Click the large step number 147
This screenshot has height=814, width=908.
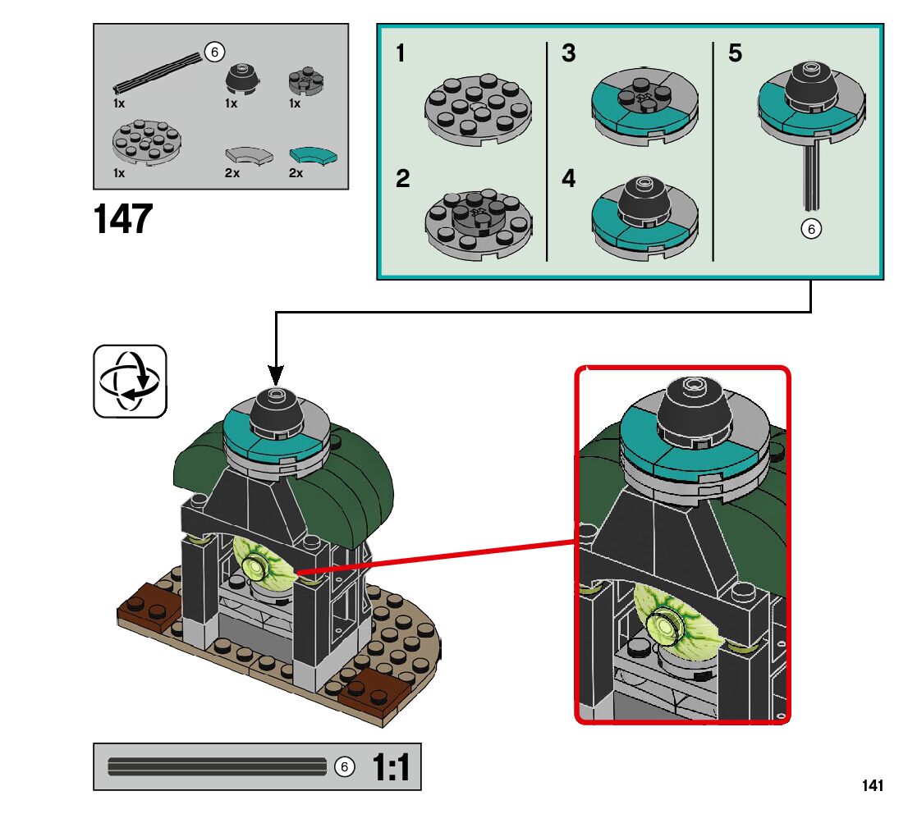[x=123, y=219]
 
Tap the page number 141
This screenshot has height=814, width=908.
[x=873, y=785]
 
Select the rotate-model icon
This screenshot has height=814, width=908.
[x=131, y=382]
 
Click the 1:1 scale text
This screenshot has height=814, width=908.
[x=391, y=767]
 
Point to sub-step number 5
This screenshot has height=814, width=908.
[x=735, y=53]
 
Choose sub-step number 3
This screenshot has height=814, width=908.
[x=569, y=53]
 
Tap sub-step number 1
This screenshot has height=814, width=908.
[x=400, y=53]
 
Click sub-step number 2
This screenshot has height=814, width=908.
[x=402, y=178]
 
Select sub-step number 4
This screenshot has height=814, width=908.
[x=569, y=178]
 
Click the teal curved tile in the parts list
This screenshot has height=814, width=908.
[x=314, y=156]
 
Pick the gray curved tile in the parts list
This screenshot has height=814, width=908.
[x=249, y=156]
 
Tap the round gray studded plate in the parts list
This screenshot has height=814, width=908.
[x=146, y=142]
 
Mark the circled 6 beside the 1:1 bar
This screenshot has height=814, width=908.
[x=345, y=767]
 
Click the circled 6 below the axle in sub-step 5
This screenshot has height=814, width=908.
[x=811, y=229]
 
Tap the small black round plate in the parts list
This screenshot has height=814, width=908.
[x=305, y=81]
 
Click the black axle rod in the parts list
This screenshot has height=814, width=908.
[x=158, y=71]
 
